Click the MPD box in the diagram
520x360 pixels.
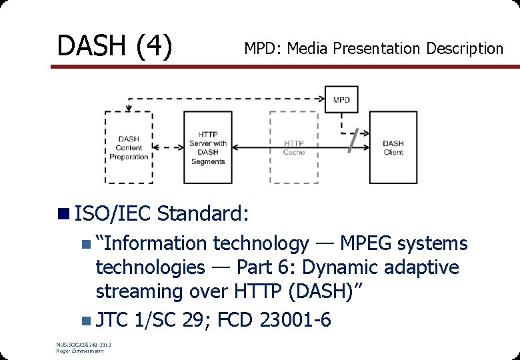coord(341,99)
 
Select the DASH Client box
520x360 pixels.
coord(393,147)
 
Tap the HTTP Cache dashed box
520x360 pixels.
coord(293,147)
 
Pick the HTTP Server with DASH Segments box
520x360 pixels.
coord(207,147)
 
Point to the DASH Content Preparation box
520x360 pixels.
coord(129,147)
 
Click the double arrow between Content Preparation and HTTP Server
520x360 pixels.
coord(168,147)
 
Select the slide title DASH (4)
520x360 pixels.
coord(115,46)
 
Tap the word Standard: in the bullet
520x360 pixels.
coord(203,214)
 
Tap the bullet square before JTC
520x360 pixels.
coord(85,320)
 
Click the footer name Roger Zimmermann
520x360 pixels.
coord(79,351)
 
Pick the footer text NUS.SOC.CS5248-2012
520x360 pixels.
coord(84,344)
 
